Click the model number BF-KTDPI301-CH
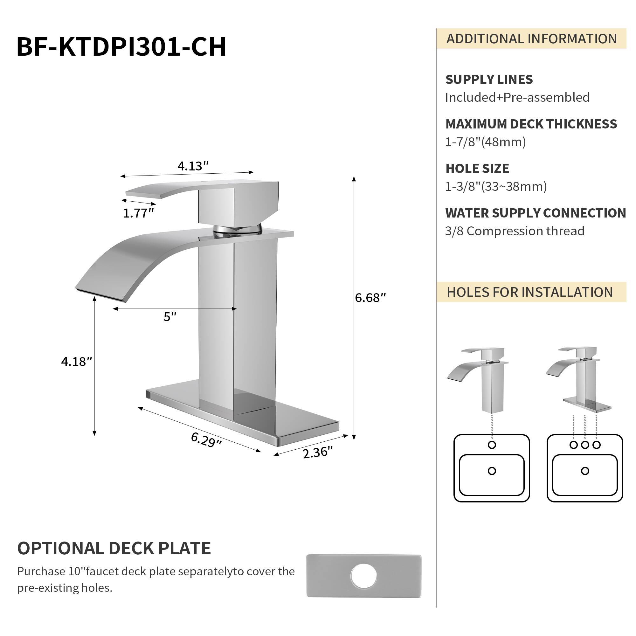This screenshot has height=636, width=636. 121,47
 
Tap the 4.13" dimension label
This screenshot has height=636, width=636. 193,166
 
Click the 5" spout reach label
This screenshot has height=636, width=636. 170,317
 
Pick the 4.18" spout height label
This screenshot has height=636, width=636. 76,362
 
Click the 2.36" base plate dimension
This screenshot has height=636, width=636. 318,452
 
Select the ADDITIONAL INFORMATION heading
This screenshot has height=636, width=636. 531,39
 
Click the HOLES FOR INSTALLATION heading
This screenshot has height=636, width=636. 530,292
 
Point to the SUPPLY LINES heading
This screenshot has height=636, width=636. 489,79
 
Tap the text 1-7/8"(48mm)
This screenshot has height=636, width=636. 485,142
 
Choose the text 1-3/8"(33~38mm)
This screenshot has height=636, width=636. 496,186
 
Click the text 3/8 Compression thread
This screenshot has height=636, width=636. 515,231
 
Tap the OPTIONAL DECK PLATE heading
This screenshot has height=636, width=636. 114,548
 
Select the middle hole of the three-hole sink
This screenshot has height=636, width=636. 585,445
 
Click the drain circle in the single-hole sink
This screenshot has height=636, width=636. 492,471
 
